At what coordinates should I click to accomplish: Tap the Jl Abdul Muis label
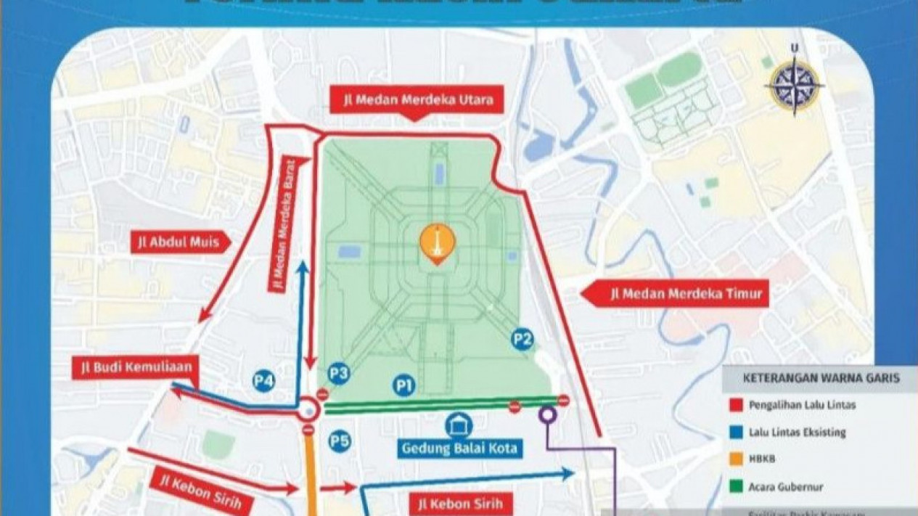click(x=181, y=242)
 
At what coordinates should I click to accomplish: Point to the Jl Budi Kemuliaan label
click(x=136, y=366)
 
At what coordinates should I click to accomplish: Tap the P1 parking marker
click(x=404, y=385)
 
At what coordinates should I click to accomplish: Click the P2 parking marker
click(x=522, y=339)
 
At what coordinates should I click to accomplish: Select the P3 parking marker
click(x=338, y=374)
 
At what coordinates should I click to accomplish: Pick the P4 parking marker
click(x=263, y=380)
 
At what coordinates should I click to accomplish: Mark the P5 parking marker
click(x=339, y=441)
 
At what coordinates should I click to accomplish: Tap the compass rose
click(x=795, y=86)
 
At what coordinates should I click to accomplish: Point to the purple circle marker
click(x=548, y=414)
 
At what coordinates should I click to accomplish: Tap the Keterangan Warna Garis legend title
click(x=821, y=378)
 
